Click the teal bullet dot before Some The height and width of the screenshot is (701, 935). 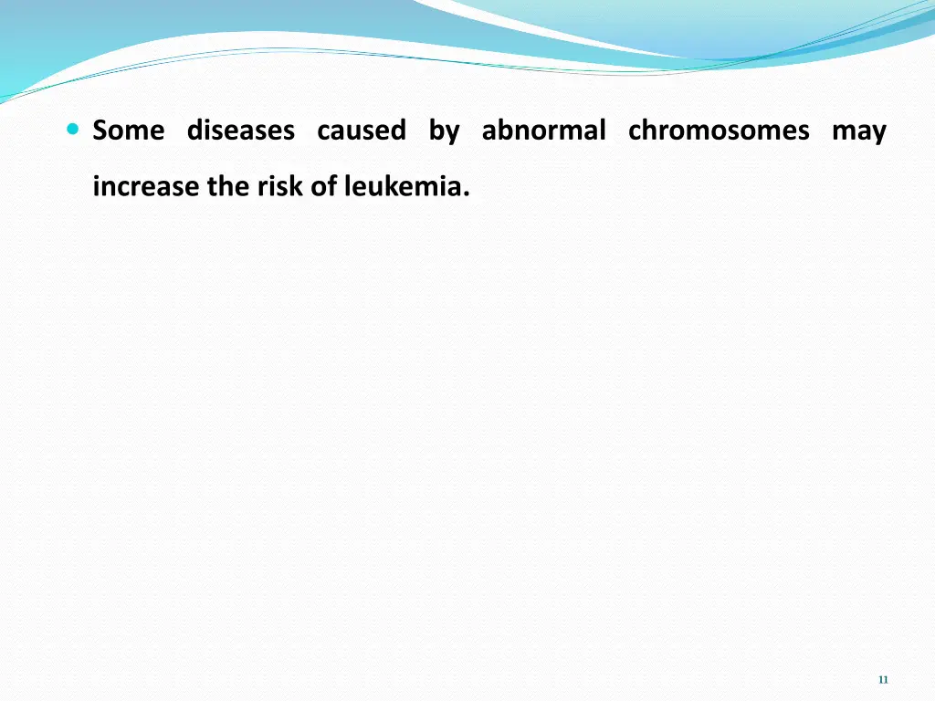pos(73,131)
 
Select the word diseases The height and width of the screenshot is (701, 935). pos(241,131)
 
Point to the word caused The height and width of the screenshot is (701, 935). pos(362,131)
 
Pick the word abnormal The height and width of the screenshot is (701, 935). pos(543,131)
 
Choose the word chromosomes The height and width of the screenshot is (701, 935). pos(719,131)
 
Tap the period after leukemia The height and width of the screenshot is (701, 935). pos(467,194)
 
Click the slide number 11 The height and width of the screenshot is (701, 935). pos(882,680)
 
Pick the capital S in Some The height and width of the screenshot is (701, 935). pos(100,131)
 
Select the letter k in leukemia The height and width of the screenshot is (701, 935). pos(386,186)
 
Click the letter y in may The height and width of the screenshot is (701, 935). pos(879,135)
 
